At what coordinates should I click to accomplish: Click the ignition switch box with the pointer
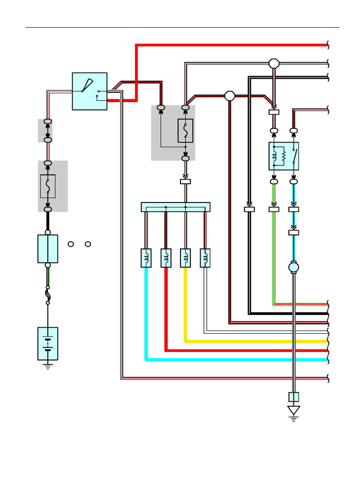click(x=90, y=91)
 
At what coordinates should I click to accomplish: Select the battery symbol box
click(x=48, y=344)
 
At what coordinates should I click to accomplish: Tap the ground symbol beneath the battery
click(x=48, y=366)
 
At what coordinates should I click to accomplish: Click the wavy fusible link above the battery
click(x=48, y=295)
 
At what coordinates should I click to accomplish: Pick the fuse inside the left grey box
click(x=48, y=186)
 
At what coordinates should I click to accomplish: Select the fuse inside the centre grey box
click(x=185, y=130)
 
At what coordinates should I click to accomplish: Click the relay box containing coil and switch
click(x=284, y=156)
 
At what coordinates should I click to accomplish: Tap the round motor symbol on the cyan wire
click(x=293, y=267)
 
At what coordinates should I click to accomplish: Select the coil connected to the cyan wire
click(x=146, y=258)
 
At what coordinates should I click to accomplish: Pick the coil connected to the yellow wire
click(x=186, y=258)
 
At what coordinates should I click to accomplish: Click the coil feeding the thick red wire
click(x=166, y=258)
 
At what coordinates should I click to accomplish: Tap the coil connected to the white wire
click(x=205, y=258)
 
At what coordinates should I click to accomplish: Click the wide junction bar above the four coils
click(x=175, y=207)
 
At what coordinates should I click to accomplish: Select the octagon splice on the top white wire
click(x=274, y=63)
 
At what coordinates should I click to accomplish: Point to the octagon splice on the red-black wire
click(x=230, y=96)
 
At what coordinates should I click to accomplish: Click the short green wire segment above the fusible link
click(x=48, y=277)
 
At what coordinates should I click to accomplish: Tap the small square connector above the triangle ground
click(x=293, y=397)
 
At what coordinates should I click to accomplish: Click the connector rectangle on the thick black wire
click(x=249, y=209)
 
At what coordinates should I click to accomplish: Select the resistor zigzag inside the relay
click(x=284, y=156)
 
